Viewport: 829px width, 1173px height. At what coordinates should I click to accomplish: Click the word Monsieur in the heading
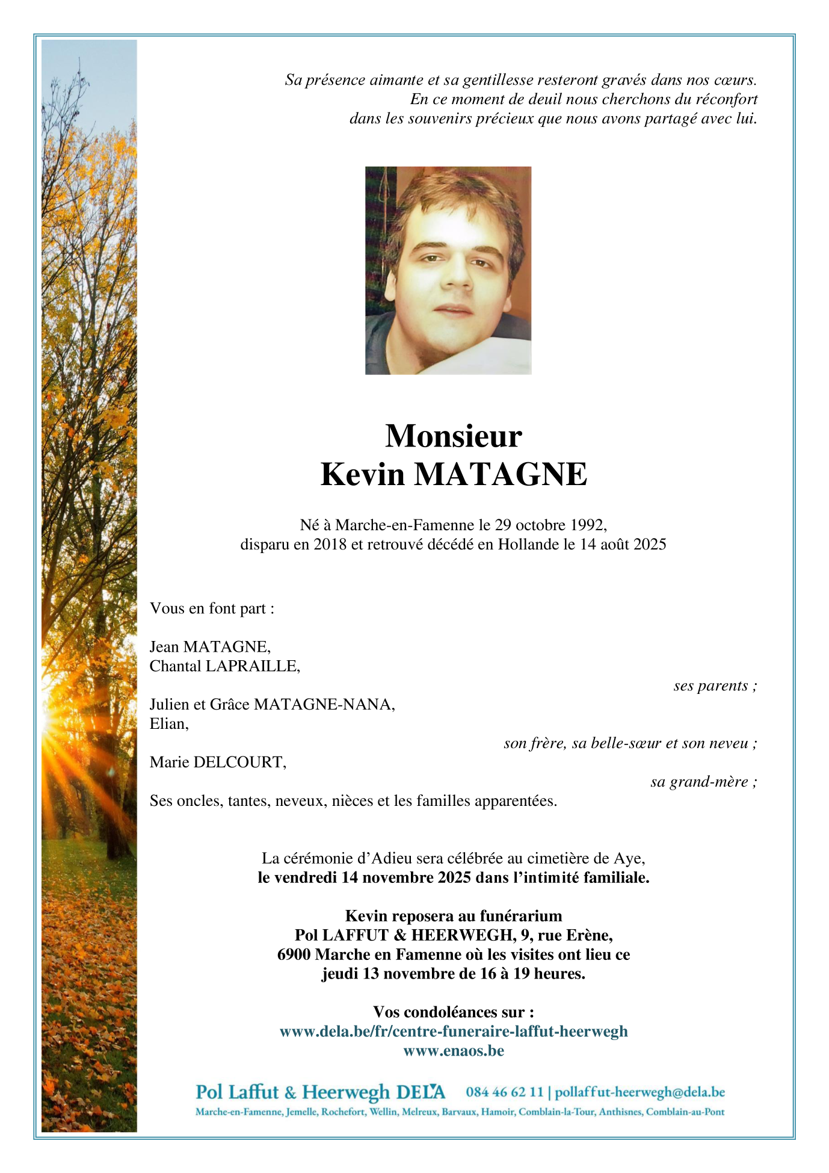[x=453, y=436]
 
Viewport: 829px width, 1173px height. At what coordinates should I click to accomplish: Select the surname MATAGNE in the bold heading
[x=500, y=474]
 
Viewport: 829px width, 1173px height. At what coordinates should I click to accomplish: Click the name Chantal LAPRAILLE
[x=224, y=666]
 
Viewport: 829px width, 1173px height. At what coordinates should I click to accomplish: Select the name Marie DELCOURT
[x=218, y=763]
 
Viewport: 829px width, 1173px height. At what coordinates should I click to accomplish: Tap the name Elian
[x=168, y=724]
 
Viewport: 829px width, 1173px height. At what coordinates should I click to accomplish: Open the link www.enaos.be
[x=454, y=1051]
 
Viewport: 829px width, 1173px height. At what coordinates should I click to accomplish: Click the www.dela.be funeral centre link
[x=454, y=1032]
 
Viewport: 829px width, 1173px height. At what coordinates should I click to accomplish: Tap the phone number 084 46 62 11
[x=504, y=1092]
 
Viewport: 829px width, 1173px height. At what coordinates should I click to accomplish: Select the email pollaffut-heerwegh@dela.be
[x=639, y=1092]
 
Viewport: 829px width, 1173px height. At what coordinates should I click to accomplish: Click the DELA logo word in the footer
[x=421, y=1092]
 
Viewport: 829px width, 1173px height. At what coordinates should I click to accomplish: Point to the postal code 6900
[x=294, y=955]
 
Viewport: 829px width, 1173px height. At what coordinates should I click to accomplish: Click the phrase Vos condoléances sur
[x=454, y=1012]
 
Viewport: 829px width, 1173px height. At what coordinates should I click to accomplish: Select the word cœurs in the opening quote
[x=735, y=80]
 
